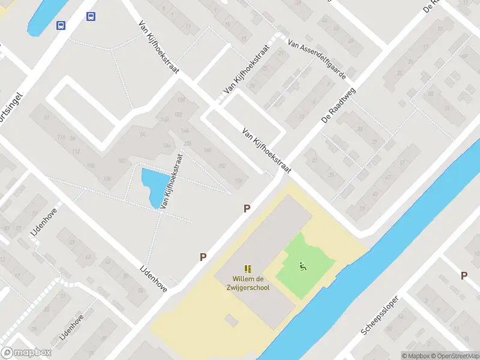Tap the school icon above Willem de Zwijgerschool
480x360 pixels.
click(247, 268)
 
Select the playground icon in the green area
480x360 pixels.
click(302, 266)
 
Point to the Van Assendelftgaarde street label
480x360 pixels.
click(317, 60)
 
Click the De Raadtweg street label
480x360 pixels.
click(338, 105)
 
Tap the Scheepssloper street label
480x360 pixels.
click(380, 316)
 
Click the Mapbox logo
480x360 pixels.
click(26, 353)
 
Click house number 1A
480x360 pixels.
click(143, 134)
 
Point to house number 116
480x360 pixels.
click(61, 137)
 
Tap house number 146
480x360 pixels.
click(167, 146)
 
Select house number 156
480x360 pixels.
click(238, 180)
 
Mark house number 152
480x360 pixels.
click(223, 166)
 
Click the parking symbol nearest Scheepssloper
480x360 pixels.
click(464, 275)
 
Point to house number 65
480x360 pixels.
click(89, 257)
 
